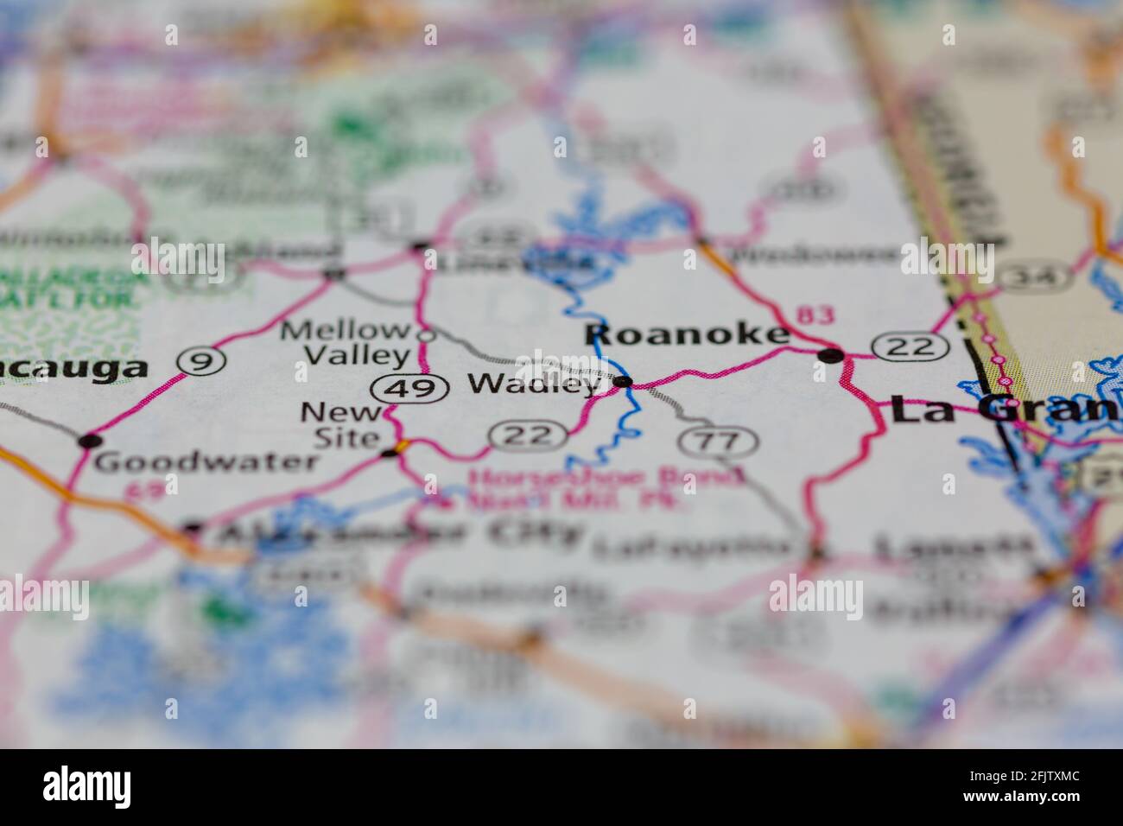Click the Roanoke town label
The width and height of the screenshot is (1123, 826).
pos(687,335)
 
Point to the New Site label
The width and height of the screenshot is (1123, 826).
pos(339,425)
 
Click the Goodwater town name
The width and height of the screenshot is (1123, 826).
pos(206,461)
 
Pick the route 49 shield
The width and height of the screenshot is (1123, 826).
pos(410,389)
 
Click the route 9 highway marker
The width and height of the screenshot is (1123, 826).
pos(203,362)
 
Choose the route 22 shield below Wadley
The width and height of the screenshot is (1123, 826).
pos(524,435)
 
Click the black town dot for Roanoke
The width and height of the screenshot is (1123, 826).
pos(830,355)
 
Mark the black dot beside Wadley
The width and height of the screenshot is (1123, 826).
pos(623,381)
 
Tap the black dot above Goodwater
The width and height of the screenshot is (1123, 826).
pos(87,441)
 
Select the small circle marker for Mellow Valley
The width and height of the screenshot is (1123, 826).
pos(423,334)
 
